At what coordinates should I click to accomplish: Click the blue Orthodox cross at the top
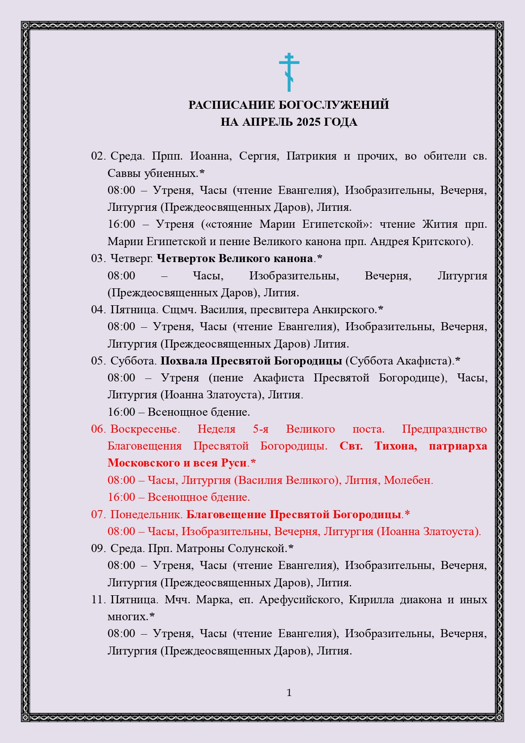(289, 72)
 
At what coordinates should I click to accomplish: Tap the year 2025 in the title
(308, 122)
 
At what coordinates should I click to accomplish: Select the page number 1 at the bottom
(289, 693)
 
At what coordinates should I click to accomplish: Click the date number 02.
(98, 156)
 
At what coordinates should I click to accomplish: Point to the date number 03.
(98, 258)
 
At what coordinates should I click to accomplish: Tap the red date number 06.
(98, 429)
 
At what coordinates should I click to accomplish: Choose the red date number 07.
(98, 514)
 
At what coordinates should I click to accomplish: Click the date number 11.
(98, 599)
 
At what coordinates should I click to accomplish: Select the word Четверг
(132, 258)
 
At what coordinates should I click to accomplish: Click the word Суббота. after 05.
(133, 361)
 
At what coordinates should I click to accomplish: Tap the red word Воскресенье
(145, 429)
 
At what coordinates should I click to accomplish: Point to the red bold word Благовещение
(226, 514)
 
